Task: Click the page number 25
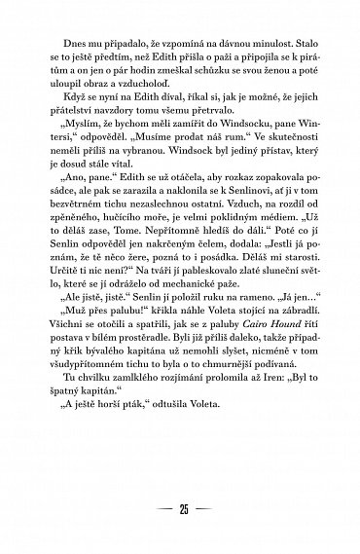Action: click(180, 509)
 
